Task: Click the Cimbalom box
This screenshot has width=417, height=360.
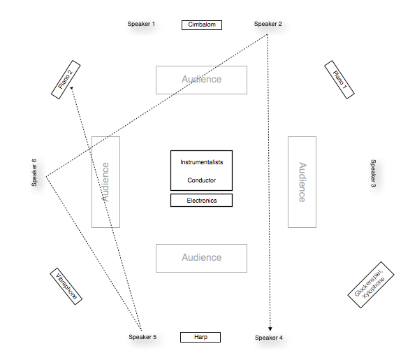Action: (201, 25)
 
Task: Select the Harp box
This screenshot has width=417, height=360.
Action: (200, 338)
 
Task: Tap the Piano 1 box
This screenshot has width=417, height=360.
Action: (340, 80)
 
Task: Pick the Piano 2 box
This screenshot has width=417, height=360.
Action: (66, 80)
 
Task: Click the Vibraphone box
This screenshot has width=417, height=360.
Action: (67, 287)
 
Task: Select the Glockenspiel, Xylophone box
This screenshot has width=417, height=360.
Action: (371, 287)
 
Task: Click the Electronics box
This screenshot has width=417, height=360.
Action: (201, 201)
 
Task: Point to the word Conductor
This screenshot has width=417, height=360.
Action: (201, 180)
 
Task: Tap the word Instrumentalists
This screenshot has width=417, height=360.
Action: (201, 162)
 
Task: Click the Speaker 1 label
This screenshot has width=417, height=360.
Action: (141, 24)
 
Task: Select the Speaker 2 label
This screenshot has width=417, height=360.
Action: (268, 24)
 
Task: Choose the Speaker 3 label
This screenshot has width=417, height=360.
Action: (373, 174)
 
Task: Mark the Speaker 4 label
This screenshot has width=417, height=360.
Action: (269, 338)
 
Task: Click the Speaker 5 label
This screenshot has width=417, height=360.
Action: (142, 338)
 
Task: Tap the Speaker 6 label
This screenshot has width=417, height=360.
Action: (34, 173)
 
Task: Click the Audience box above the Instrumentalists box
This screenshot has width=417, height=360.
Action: (201, 80)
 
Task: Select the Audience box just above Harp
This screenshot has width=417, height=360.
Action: (201, 258)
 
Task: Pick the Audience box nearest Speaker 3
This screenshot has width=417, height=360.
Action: (302, 182)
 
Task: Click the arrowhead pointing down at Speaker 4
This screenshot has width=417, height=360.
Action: (270, 328)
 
